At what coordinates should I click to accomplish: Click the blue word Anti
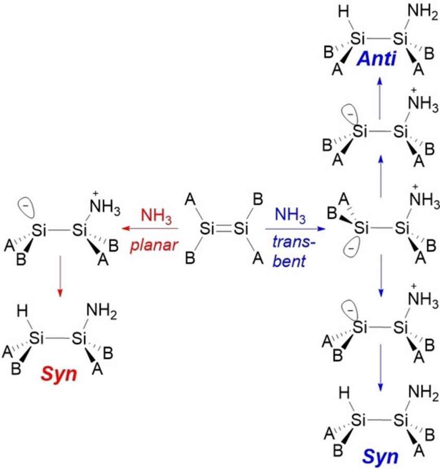coord(376,58)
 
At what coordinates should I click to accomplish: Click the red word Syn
coord(59,374)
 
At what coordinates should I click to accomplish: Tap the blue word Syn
coord(380,456)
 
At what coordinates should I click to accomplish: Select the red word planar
coord(154,246)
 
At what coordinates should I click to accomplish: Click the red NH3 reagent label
coord(156,216)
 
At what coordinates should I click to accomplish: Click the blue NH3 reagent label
coord(290,215)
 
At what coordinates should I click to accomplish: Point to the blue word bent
coord(289,261)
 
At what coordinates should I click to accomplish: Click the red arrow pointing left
coord(150,229)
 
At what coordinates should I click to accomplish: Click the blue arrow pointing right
coord(295,229)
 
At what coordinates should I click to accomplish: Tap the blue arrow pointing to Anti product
coord(380,98)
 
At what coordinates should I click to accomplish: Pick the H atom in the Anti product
coord(344,12)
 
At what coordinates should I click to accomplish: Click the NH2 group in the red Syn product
coord(101,311)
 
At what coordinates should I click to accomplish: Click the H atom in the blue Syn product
coord(344,393)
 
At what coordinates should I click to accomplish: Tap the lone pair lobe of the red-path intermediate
coord(26,207)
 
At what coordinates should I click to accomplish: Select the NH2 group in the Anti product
coord(423,13)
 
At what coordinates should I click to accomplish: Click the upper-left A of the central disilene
coord(190,199)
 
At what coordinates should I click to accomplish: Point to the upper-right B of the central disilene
coord(258,199)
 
